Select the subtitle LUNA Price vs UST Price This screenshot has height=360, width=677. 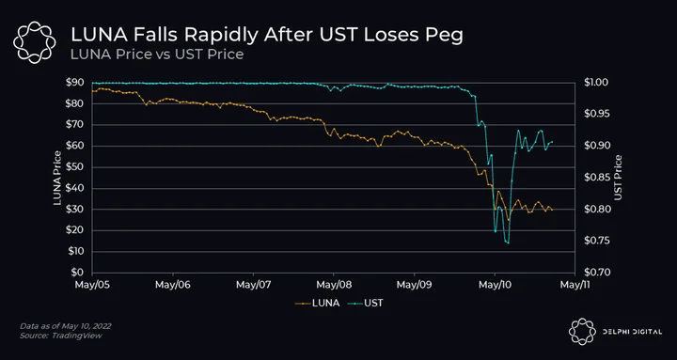[x=157, y=55]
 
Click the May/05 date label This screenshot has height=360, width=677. [x=92, y=285]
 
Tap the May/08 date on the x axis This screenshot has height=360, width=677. [x=334, y=285]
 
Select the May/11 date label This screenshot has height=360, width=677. [x=575, y=285]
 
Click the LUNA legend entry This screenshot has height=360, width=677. [x=318, y=303]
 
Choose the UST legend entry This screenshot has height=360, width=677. [x=366, y=303]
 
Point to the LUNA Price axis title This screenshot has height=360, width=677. [x=56, y=178]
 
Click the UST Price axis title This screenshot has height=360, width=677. [x=619, y=178]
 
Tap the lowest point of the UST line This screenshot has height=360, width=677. [x=508, y=243]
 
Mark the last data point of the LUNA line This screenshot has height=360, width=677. [x=552, y=210]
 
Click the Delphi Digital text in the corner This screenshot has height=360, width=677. [x=632, y=332]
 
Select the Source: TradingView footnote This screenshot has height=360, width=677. [x=61, y=336]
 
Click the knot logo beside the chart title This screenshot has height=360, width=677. [x=34, y=42]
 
